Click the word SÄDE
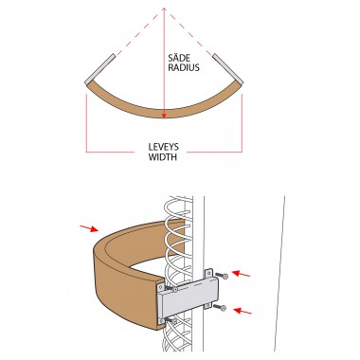coord(179,58)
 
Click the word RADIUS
coord(184,67)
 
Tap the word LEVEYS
coord(164,147)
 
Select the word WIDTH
coord(163,157)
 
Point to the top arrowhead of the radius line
coord(164,10)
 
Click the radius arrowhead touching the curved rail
coord(164,116)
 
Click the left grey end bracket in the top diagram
coord(99,69)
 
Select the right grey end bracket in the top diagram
coord(227,69)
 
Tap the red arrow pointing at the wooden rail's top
coord(89,228)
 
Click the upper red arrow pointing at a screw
coord(241,274)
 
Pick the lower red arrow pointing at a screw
coord(243,311)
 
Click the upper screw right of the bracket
coord(222,276)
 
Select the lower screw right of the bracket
coord(220,307)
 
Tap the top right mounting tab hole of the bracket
coord(208,273)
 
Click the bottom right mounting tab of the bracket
coord(207,305)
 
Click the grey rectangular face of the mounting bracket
coord(189,296)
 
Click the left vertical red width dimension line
coord(86,123)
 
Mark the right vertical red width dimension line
coord(242,123)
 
